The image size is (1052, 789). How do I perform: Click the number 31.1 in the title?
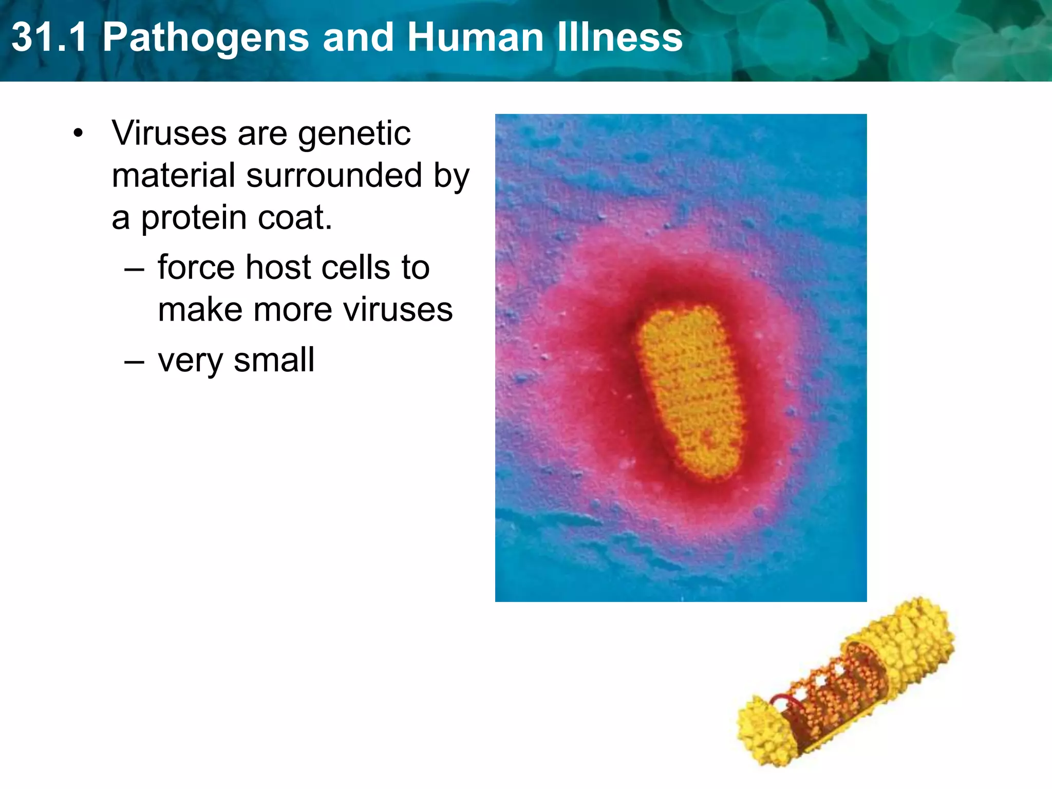point(49,37)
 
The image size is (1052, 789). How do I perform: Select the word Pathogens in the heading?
point(205,38)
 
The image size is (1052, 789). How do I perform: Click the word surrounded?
point(334,176)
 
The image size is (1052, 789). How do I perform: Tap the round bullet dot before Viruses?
point(78,134)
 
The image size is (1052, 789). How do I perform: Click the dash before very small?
point(134,361)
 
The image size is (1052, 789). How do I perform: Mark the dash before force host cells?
point(134,269)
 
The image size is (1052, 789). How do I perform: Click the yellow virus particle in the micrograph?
point(689,393)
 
